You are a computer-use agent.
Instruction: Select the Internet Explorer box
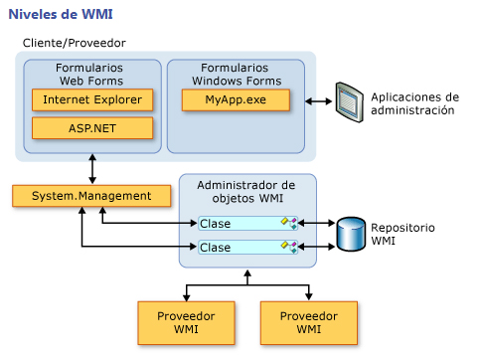click(92, 100)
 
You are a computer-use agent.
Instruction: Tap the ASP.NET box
click(92, 128)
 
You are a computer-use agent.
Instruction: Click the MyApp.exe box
click(236, 100)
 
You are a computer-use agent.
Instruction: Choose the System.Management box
click(90, 195)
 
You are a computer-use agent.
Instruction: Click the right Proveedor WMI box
click(308, 321)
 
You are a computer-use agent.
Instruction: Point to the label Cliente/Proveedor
click(74, 44)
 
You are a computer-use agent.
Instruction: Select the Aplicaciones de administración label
click(414, 104)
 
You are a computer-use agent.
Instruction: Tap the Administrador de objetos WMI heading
click(247, 192)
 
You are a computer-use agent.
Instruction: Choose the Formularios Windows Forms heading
click(236, 74)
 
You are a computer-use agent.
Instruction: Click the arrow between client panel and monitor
click(318, 102)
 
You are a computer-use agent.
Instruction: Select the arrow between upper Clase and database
click(316, 223)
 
